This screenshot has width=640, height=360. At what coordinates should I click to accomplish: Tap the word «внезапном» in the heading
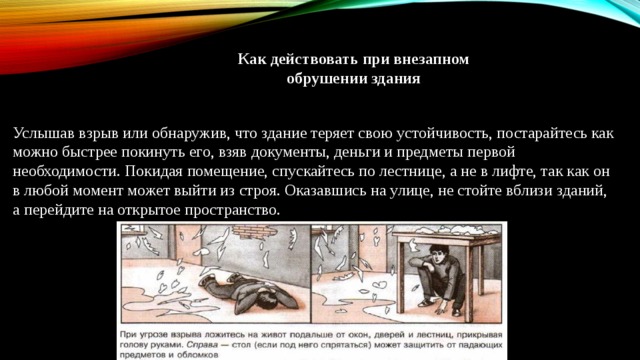433,59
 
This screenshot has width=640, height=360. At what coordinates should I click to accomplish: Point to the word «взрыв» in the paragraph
101,132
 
